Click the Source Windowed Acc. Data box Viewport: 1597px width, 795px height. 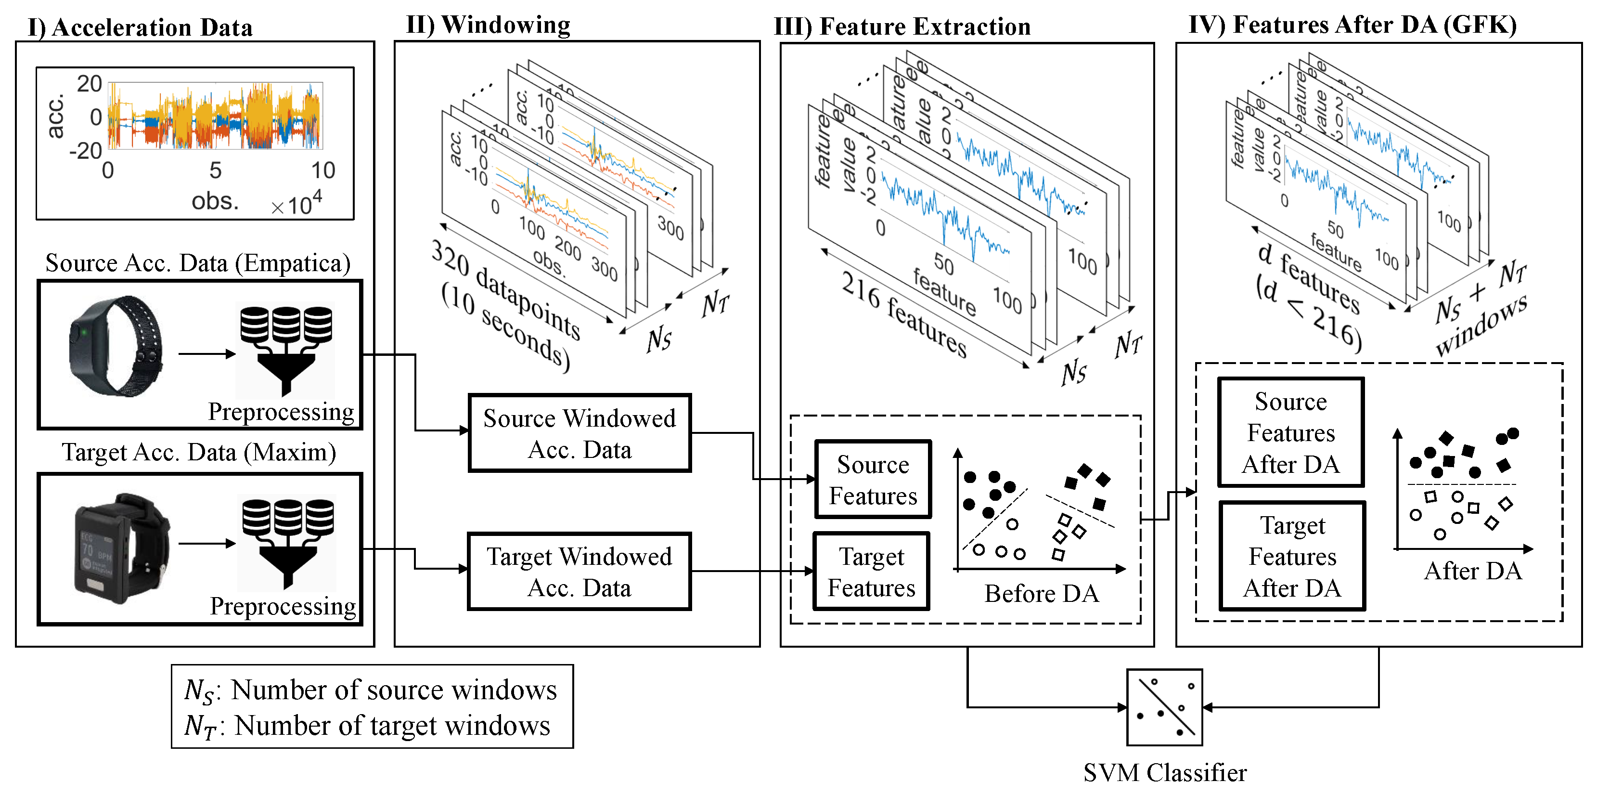(x=579, y=433)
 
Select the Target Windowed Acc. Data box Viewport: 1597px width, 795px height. (x=579, y=572)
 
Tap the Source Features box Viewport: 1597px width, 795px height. (x=873, y=479)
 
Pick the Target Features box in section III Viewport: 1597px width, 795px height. (x=871, y=572)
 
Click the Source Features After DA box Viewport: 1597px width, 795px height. (x=1291, y=432)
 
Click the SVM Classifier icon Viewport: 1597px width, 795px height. (x=1164, y=707)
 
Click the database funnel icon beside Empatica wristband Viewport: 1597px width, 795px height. (x=286, y=350)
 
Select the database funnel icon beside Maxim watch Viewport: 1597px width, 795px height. (x=287, y=543)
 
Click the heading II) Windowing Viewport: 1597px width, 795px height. (x=488, y=25)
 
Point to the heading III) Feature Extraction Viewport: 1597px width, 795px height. (x=902, y=26)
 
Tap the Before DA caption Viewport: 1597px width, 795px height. (x=1041, y=593)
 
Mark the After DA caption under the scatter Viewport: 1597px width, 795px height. (x=1472, y=571)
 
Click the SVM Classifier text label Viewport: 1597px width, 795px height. (x=1164, y=773)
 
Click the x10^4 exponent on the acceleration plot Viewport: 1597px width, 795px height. (x=297, y=203)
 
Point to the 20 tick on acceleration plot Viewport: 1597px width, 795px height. (x=89, y=84)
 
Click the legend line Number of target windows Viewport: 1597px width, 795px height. (x=368, y=726)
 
